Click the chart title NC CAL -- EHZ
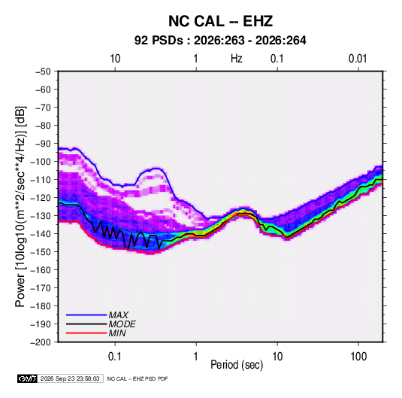(x=220, y=21)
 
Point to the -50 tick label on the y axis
(x=43, y=71)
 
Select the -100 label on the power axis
(x=41, y=162)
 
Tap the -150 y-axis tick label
(x=41, y=252)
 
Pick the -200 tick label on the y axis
(x=41, y=342)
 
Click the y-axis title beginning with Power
(x=20, y=206)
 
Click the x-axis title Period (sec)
(x=237, y=365)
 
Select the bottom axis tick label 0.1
(x=115, y=356)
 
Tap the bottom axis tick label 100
(x=358, y=356)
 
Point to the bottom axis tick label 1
(x=195, y=356)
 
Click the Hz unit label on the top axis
(x=237, y=59)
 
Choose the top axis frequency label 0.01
(x=358, y=59)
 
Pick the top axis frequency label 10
(x=115, y=59)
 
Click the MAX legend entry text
(x=118, y=315)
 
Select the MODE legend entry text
(x=122, y=324)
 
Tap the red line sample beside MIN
(x=86, y=333)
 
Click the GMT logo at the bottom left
(x=28, y=378)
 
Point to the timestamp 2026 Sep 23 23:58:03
(x=70, y=378)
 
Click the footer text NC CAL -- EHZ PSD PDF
(x=138, y=378)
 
